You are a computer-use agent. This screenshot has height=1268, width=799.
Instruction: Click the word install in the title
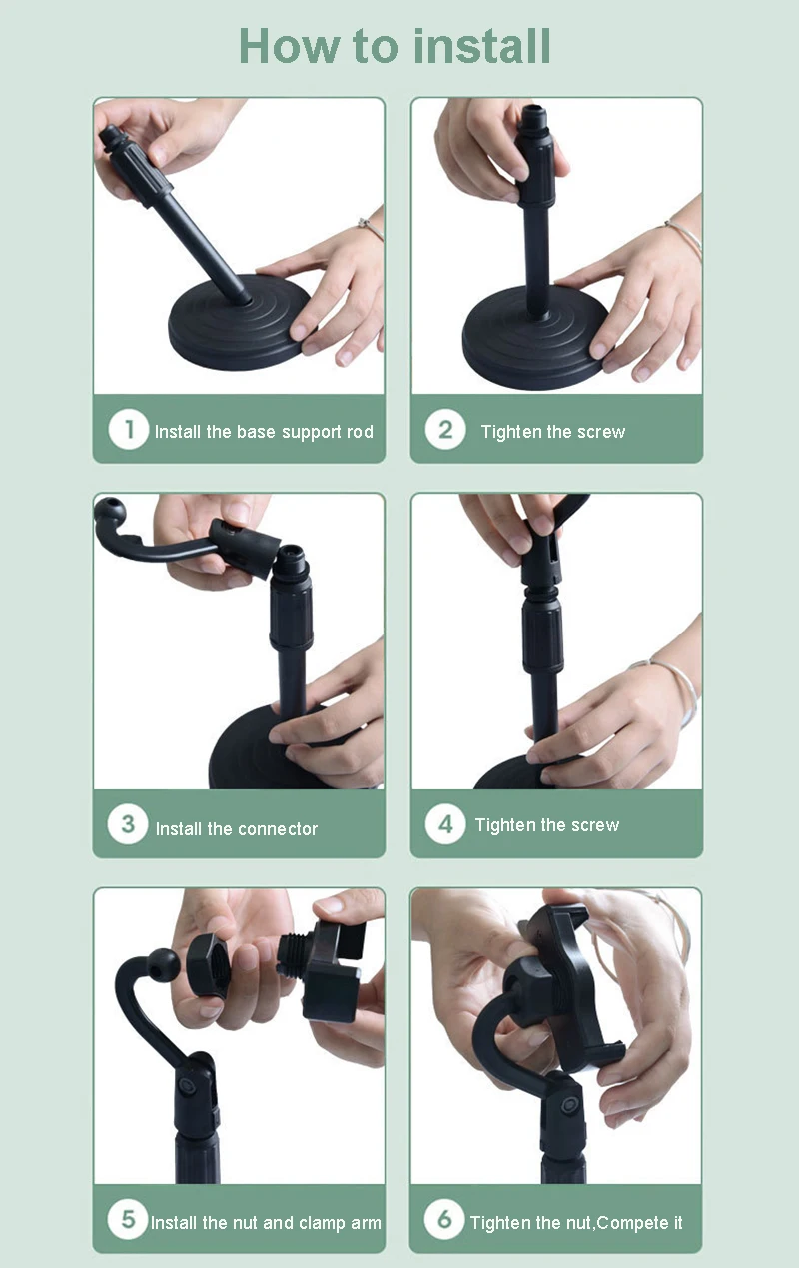(482, 46)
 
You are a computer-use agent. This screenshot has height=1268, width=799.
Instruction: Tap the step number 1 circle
(129, 431)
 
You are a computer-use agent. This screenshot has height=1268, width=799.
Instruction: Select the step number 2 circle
(445, 431)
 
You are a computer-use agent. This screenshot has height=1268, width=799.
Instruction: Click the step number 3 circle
(128, 825)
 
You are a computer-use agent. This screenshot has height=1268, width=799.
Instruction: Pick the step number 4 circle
(445, 824)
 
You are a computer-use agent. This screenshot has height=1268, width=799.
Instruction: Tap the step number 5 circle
(128, 1220)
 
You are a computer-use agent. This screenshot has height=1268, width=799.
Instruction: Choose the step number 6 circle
(444, 1220)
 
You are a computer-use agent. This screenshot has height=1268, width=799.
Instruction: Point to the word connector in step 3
(278, 829)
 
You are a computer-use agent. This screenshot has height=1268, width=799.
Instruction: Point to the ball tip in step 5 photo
(163, 966)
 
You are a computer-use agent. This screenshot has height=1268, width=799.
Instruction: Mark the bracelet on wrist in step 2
(682, 236)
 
